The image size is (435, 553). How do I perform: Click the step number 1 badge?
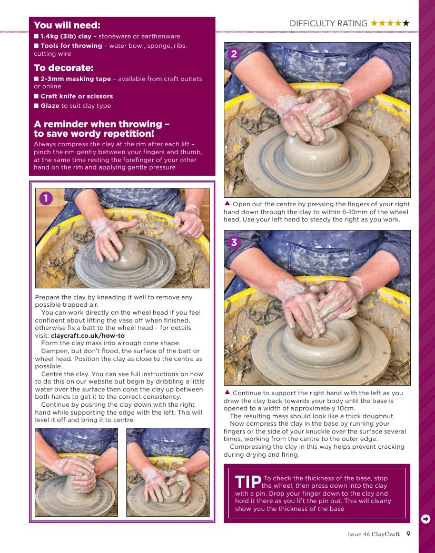point(46,198)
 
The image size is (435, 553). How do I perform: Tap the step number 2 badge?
point(234,54)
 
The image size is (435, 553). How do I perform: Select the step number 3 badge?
point(234,242)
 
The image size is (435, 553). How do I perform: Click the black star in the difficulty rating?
point(406,23)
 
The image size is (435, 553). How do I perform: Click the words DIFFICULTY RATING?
point(329,24)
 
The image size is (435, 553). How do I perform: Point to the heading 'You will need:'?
point(67,25)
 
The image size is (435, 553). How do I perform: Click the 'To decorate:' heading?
point(64,68)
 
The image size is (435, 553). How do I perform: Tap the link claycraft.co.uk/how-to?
point(87,336)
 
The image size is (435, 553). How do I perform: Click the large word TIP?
point(248,482)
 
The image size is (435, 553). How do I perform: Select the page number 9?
point(408,534)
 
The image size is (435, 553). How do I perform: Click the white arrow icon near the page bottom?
point(426,519)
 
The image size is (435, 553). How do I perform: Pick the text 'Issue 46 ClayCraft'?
point(373,534)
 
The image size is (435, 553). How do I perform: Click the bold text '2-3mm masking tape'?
point(75,79)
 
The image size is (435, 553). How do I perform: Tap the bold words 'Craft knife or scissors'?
point(76,96)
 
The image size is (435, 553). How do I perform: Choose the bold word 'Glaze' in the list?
point(50,106)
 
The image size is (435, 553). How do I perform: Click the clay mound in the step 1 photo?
point(129,253)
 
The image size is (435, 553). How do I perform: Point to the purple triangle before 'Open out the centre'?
point(228,203)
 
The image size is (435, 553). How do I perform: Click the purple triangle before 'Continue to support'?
point(228,392)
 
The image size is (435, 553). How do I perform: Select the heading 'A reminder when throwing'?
point(102,129)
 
